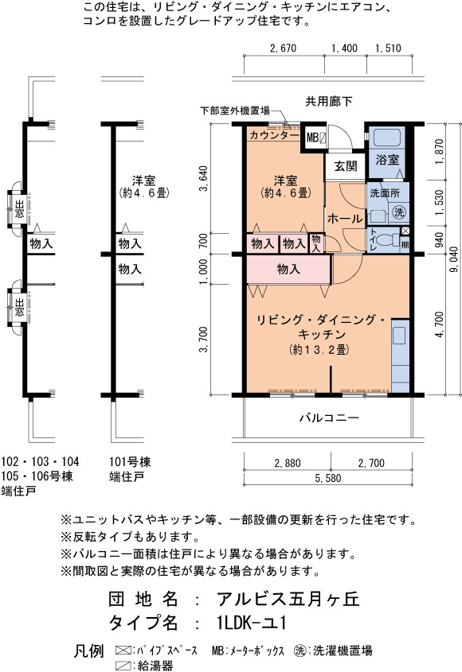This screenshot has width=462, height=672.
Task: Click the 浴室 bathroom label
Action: point(387,160)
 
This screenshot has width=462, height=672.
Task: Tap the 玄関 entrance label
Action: point(346,166)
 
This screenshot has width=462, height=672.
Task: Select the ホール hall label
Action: point(345,219)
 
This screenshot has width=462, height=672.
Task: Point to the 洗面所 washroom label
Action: point(385,193)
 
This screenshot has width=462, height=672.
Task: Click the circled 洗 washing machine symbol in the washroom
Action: point(399,212)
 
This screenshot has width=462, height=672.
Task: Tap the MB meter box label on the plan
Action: point(312,138)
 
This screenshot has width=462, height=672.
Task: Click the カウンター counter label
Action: point(274,135)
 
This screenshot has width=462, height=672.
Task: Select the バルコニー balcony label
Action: point(329,418)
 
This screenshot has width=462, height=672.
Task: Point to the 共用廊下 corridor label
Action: point(329,102)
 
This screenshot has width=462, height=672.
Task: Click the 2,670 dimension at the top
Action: point(283,48)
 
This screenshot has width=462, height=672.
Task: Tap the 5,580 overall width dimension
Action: point(328,478)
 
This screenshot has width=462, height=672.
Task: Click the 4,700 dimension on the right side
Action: point(439,324)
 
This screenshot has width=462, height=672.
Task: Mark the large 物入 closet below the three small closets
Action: point(288,269)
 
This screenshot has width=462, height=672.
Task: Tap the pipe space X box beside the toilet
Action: point(405,231)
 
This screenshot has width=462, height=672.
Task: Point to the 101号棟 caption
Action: point(130,462)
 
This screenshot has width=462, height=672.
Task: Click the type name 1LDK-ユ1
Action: point(252,623)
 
